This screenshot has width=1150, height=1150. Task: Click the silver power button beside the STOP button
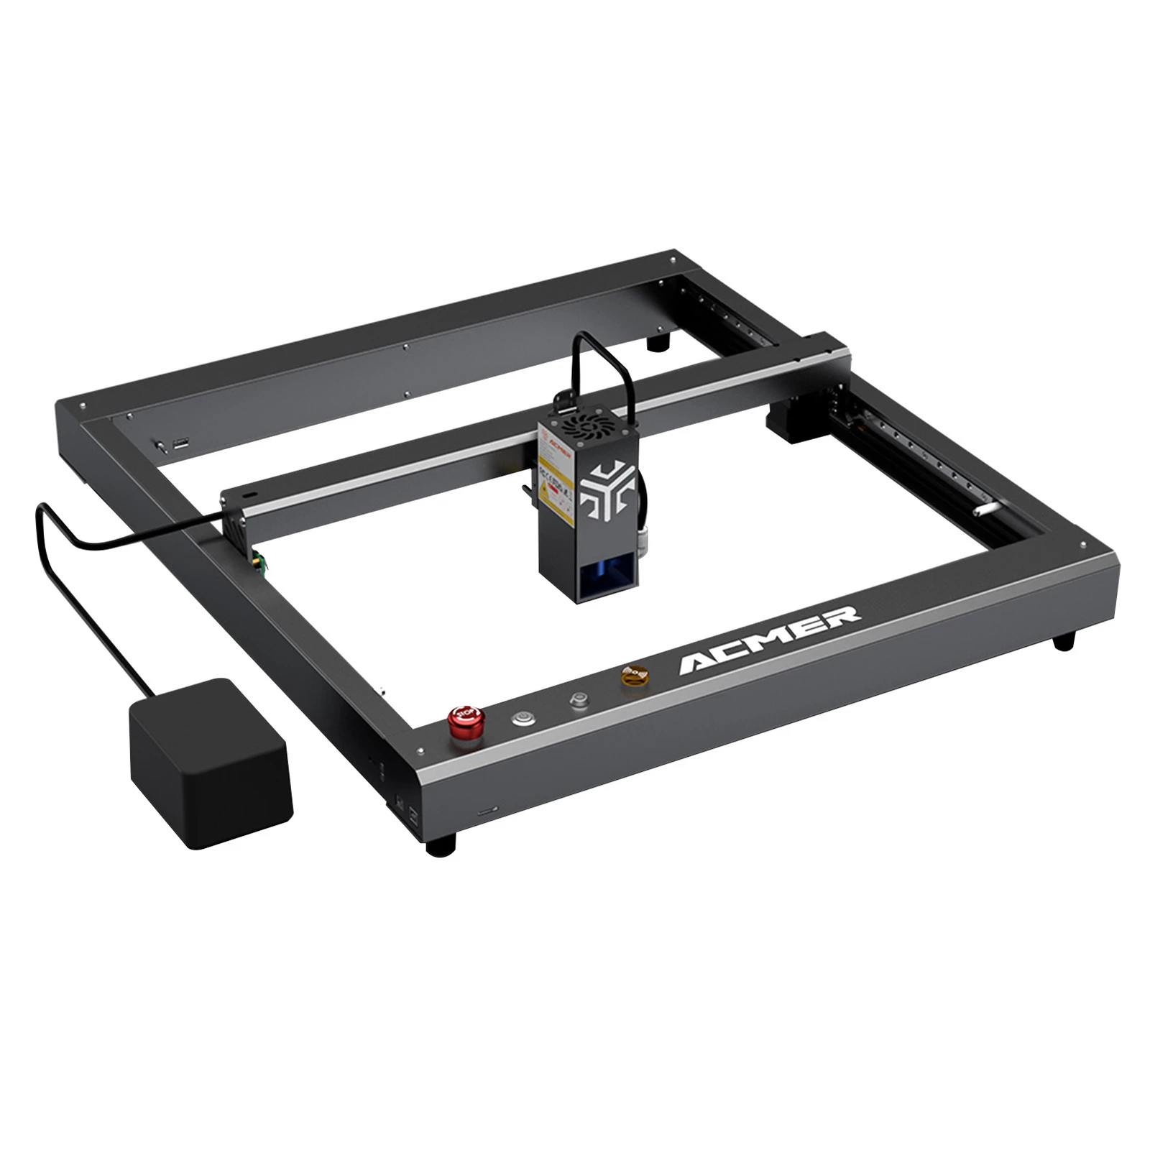click(x=523, y=717)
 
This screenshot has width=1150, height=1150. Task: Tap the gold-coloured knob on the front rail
click(x=635, y=676)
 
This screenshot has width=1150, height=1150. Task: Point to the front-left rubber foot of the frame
click(x=441, y=845)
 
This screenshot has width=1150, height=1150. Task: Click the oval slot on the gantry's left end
click(x=250, y=496)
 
